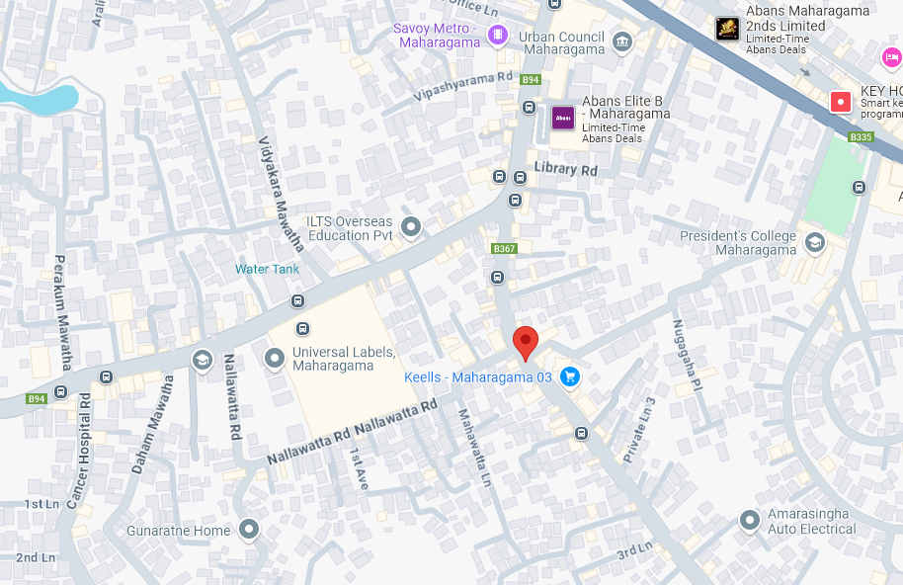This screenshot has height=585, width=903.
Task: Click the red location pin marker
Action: (x=526, y=343)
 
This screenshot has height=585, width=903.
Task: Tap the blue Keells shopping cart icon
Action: (x=569, y=376)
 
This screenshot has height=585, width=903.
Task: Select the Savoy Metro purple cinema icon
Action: (x=498, y=36)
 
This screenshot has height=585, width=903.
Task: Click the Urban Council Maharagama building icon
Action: (x=621, y=41)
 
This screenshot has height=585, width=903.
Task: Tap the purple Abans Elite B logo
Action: (x=563, y=119)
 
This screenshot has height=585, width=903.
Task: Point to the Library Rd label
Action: (x=566, y=170)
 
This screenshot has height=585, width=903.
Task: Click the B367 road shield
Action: (x=504, y=249)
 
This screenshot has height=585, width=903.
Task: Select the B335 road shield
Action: (x=861, y=136)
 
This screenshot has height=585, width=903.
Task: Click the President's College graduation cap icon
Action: (x=814, y=242)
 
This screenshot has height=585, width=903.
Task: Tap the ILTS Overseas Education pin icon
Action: (x=411, y=228)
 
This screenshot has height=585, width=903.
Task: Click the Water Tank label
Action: (x=267, y=269)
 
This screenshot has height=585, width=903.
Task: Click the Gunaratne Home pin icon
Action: (x=249, y=531)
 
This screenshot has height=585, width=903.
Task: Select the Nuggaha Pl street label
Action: (x=687, y=354)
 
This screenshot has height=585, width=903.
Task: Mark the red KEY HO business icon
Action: (x=840, y=101)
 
